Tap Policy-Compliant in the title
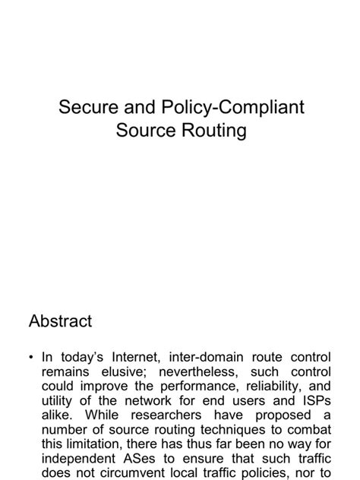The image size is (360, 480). (226, 107)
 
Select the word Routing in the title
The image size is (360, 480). (213, 131)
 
